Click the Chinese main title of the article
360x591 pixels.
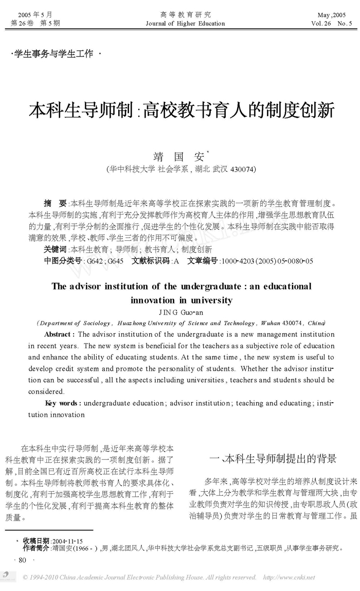coord(182,110)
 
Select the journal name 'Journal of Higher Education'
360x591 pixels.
coord(185,23)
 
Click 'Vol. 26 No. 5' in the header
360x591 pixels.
coord(332,23)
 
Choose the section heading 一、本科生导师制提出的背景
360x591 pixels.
coord(274,458)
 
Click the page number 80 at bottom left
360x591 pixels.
coord(22,560)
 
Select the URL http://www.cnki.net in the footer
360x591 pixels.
coord(289,578)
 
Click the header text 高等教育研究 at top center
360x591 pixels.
coord(185,15)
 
